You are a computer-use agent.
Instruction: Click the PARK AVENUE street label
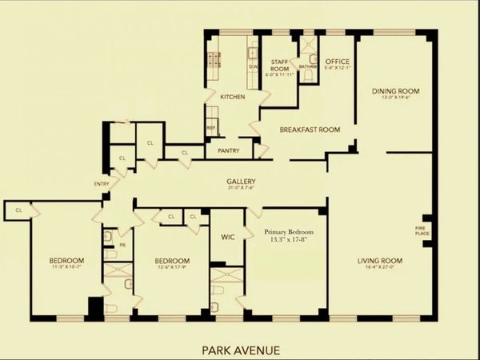241,349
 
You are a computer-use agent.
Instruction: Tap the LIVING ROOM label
379,261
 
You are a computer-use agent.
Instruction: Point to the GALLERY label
241,182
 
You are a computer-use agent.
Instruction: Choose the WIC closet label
226,237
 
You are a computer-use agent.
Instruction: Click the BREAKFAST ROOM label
310,130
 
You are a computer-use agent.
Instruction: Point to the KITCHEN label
232,97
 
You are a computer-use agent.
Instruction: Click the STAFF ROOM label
280,62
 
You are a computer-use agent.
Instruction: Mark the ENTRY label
102,184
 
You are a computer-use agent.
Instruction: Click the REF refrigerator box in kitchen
211,128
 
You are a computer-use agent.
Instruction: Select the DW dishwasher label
252,66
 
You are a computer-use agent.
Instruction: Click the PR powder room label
122,246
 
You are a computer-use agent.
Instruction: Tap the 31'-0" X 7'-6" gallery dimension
241,190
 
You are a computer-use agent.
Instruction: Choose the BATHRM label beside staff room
308,66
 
